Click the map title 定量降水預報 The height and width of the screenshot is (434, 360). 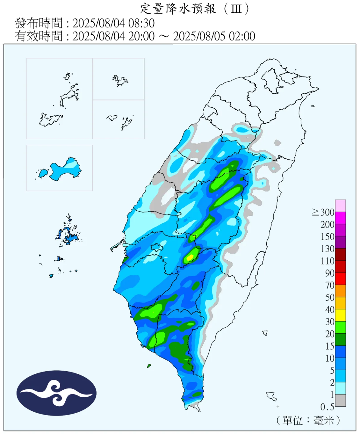click(178, 8)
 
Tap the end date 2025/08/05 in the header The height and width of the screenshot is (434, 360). click(200, 36)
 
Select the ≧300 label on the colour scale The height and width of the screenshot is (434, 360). click(324, 212)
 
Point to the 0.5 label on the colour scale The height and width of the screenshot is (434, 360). click(327, 407)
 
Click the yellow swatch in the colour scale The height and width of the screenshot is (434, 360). click(340, 315)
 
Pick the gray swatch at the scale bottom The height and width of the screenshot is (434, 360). click(340, 401)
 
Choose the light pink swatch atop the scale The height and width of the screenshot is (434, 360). click(340, 206)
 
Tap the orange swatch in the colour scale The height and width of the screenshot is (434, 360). click(340, 291)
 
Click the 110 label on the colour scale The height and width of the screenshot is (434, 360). click(327, 261)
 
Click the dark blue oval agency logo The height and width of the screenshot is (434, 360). click(56, 393)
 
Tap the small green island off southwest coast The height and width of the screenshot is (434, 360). click(149, 366)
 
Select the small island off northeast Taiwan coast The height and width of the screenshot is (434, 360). click(313, 106)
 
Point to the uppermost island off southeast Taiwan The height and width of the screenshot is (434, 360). click(265, 333)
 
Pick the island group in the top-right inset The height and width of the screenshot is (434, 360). click(120, 81)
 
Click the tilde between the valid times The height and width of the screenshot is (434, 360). click(164, 36)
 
